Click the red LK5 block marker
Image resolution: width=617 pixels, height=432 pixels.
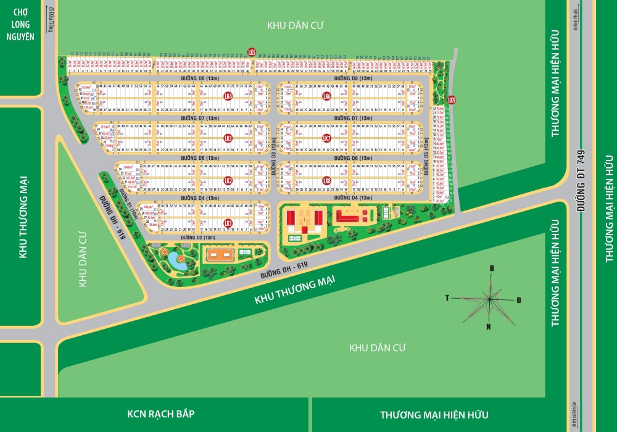pyautogui.click(x=251, y=52)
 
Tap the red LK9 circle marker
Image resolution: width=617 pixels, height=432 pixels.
pyautogui.click(x=452, y=100)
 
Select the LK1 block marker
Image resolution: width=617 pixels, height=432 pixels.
pyautogui.click(x=228, y=223)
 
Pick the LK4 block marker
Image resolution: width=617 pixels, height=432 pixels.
pyautogui.click(x=228, y=96)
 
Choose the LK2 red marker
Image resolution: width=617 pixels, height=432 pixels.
pyautogui.click(x=228, y=181)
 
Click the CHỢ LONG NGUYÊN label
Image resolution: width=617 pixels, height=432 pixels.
pyautogui.click(x=20, y=28)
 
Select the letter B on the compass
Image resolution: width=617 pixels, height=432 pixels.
pyautogui.click(x=492, y=268)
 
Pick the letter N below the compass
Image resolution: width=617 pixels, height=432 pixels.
pyautogui.click(x=487, y=326)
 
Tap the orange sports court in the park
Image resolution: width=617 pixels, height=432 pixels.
pyautogui.click(x=220, y=255)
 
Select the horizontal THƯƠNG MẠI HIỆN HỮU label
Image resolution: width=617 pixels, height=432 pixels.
pyautogui.click(x=434, y=415)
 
